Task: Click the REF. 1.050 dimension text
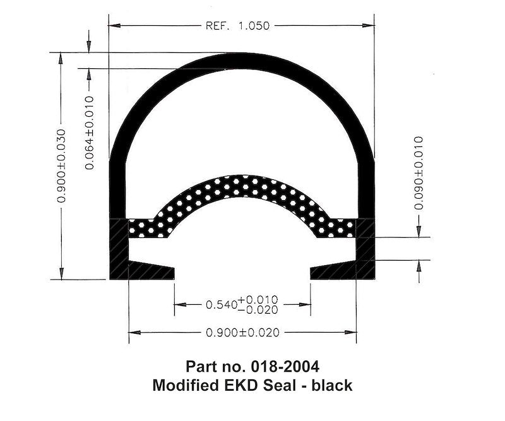click(x=237, y=26)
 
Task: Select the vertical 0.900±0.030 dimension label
click(x=61, y=165)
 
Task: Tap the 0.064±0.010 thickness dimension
click(x=90, y=132)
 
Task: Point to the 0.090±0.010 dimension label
click(x=418, y=172)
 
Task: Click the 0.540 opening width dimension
click(x=242, y=304)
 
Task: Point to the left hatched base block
click(x=119, y=249)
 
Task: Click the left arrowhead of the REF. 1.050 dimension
click(x=112, y=26)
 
